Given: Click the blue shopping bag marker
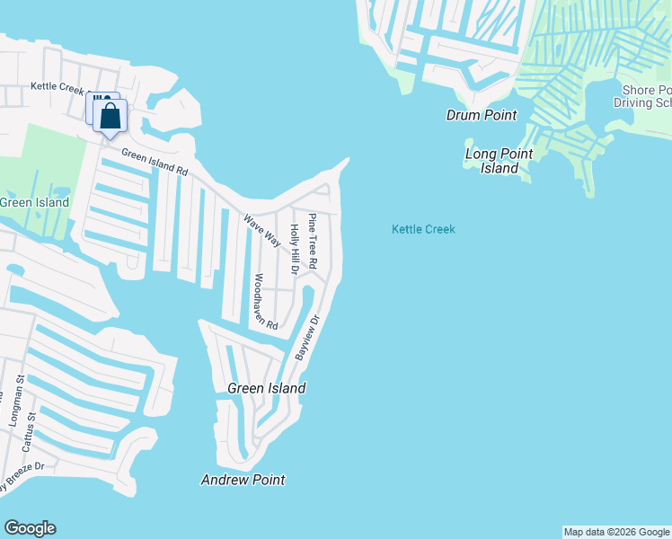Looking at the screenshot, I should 110,117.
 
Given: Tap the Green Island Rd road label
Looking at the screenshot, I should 155,162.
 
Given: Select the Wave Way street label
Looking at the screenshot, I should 262,230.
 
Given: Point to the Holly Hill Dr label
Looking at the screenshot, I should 294,250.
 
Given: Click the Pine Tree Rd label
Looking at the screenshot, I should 313,241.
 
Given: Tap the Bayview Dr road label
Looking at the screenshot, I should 307,338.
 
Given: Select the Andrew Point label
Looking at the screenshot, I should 243,480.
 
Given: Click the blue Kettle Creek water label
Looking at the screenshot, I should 423,229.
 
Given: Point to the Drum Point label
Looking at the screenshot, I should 482,115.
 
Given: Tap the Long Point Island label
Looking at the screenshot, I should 499,161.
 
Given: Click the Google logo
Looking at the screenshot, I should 30,528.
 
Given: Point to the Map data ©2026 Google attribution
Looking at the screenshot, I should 616,532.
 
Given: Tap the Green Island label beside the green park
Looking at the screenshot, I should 34,202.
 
